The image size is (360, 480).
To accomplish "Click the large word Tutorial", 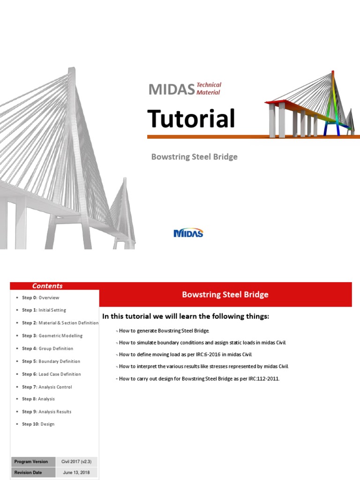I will [191, 119].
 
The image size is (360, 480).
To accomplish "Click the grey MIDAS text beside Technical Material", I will [171, 89].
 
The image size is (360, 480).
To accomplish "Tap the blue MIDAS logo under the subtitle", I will [188, 233].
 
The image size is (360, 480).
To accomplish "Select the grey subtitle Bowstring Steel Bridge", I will [194, 157].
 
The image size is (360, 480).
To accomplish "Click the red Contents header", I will [47, 286].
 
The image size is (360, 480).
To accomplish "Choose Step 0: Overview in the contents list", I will [41, 298].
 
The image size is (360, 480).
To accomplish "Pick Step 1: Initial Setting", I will [44, 310].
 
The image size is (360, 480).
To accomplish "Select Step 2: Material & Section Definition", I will [60, 323].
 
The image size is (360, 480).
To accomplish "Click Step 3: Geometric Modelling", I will [52, 336].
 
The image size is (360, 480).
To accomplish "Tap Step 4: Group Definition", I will [47, 349].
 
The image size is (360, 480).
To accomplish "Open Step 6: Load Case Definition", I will [51, 374].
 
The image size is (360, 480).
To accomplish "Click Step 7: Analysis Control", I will [47, 387].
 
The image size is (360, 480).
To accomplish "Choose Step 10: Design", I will [38, 424].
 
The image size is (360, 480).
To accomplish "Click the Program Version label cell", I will [31, 462].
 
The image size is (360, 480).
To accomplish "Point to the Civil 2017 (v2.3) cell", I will [76, 462].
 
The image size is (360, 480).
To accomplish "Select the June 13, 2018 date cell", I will [76, 472].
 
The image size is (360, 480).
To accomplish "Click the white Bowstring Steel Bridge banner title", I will [225, 294].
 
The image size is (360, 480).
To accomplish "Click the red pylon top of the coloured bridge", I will [333, 73].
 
